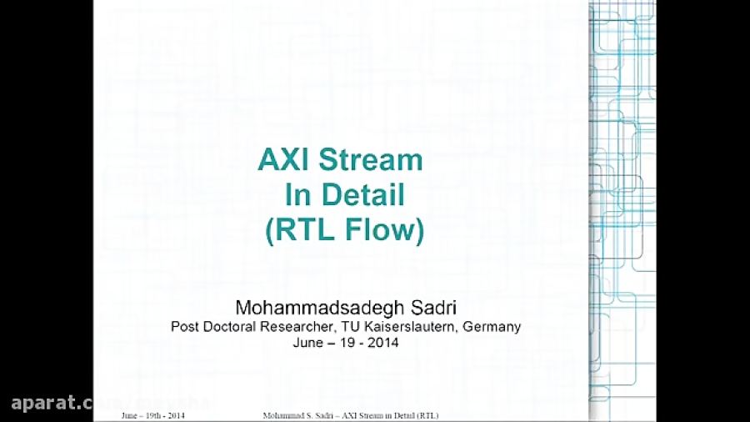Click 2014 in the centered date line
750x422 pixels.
(384, 342)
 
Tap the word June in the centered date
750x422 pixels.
(308, 342)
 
